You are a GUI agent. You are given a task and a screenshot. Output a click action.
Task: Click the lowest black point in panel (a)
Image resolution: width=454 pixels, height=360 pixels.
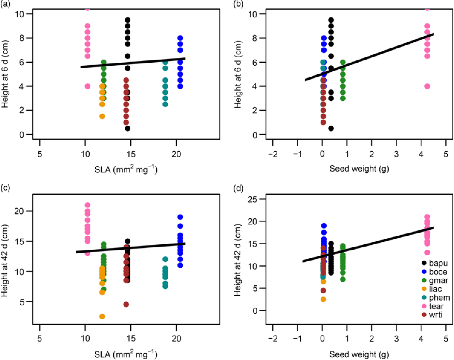pyautogui.click(x=128, y=129)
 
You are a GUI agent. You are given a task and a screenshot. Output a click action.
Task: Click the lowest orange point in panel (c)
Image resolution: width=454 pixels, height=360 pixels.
pyautogui.click(x=102, y=316)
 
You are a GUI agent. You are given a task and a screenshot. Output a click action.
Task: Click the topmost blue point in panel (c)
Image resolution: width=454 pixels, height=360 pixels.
pyautogui.click(x=180, y=217)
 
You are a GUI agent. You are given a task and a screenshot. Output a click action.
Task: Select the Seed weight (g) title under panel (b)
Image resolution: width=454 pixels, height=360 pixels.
pyautogui.click(x=359, y=169)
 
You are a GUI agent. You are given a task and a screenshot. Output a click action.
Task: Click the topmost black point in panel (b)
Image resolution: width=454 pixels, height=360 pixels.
pyautogui.click(x=331, y=20)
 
